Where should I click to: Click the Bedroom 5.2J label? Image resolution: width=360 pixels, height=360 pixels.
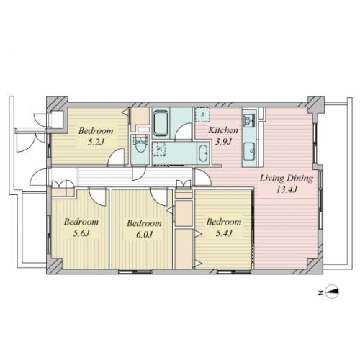coord(96,137)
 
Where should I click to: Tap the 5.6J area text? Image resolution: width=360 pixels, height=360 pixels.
coord(81,233)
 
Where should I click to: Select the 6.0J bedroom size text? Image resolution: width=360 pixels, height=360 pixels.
coord(144,234)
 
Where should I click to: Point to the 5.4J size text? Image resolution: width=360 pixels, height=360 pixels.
coord(224,233)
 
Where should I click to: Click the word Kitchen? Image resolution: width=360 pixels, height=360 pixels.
coord(223,130)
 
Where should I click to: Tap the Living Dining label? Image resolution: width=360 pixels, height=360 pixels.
coord(287,179)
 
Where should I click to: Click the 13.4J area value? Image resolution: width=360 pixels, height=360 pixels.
coord(287,190)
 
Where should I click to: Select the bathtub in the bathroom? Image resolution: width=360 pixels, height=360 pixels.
coord(161,123)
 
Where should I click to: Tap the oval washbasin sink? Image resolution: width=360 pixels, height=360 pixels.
coord(203,153)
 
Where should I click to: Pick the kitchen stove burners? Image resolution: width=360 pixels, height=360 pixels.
coord(249,120)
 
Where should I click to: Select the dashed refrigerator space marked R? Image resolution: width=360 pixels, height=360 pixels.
coord(202,114)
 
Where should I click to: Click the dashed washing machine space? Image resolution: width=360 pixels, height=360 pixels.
coord(158,148)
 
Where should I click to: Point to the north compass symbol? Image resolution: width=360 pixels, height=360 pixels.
coord(332,292)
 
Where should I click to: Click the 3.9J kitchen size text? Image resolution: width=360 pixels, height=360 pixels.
coord(223,142)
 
